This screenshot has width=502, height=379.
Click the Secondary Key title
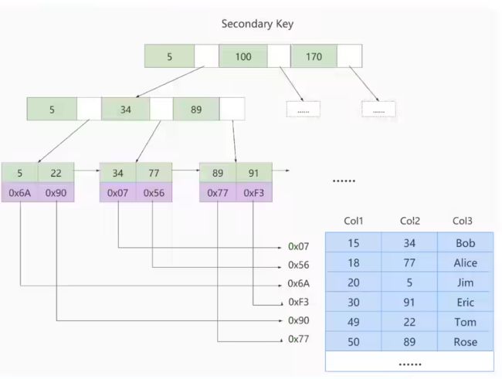pyautogui.click(x=257, y=24)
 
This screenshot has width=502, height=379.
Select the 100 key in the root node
pyautogui.click(x=243, y=56)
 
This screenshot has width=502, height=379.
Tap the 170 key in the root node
pyautogui.click(x=314, y=56)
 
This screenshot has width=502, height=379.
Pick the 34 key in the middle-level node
pyautogui.click(x=125, y=110)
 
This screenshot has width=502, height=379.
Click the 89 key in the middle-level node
pyautogui.click(x=196, y=110)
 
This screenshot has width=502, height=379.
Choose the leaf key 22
pyautogui.click(x=56, y=173)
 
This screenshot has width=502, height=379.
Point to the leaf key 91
pyautogui.click(x=254, y=173)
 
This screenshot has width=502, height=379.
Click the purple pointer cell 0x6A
pyautogui.click(x=20, y=193)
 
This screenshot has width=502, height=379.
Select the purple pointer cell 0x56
pyautogui.click(x=154, y=193)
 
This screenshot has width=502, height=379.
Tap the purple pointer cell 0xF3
pyautogui.click(x=254, y=193)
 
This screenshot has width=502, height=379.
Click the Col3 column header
pyautogui.click(x=463, y=221)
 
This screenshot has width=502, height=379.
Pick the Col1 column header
pyautogui.click(x=354, y=221)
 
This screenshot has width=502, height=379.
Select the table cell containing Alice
pyautogui.click(x=466, y=262)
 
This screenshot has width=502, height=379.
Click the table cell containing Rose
pyautogui.click(x=466, y=341)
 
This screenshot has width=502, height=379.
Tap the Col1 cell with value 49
pyautogui.click(x=354, y=322)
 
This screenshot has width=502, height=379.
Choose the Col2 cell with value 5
pyautogui.click(x=409, y=283)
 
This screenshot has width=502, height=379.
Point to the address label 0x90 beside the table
pyautogui.click(x=299, y=320)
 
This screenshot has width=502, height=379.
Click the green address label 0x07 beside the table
pyautogui.click(x=299, y=246)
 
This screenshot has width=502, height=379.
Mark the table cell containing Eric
pyautogui.click(x=466, y=302)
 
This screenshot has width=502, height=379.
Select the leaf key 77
pyautogui.click(x=154, y=173)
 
